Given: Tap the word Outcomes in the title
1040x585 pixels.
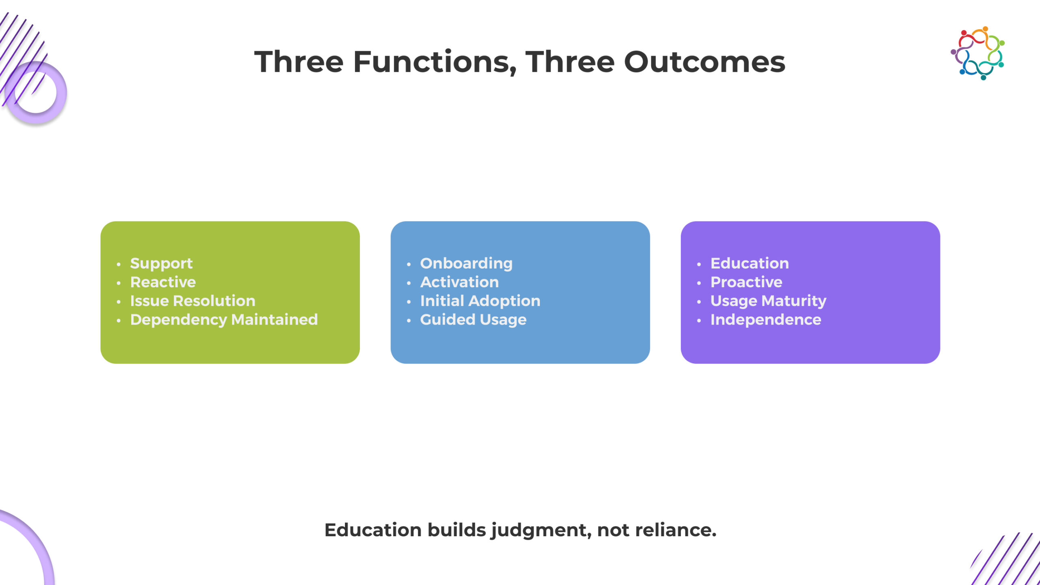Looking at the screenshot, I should coord(704,62).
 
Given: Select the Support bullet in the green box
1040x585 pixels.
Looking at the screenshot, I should coord(161,264).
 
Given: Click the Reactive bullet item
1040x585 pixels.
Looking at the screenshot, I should coord(163,282).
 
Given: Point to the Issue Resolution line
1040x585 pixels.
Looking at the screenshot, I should coord(193,301).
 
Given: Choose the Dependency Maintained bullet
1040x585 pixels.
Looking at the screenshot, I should coord(224,320).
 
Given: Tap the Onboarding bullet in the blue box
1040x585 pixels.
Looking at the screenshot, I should coord(466,264).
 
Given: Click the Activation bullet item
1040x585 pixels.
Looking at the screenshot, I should coord(459,282).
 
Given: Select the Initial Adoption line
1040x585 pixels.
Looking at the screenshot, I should coord(480,301).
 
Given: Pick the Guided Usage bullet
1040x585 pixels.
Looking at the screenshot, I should coord(473,320).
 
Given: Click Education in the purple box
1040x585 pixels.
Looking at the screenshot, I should coord(750,264).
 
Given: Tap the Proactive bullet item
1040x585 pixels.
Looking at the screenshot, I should coord(746,282).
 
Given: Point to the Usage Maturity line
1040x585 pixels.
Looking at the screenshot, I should coord(768,301).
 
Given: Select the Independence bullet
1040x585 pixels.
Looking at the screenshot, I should coord(766,320).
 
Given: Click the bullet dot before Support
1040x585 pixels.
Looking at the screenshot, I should coord(119,264).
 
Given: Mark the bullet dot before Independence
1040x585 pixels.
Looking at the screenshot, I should coord(699,321).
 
